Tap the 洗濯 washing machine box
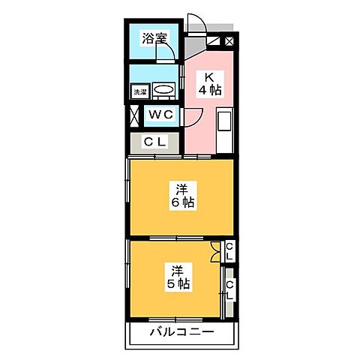[139, 91]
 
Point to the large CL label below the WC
[155, 140]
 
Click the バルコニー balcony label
[181, 331]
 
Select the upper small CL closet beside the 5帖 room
[229, 251]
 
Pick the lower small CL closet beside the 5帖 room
[229, 289]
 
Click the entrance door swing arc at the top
[196, 22]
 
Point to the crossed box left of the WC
[134, 116]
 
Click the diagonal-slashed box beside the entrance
[228, 42]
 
